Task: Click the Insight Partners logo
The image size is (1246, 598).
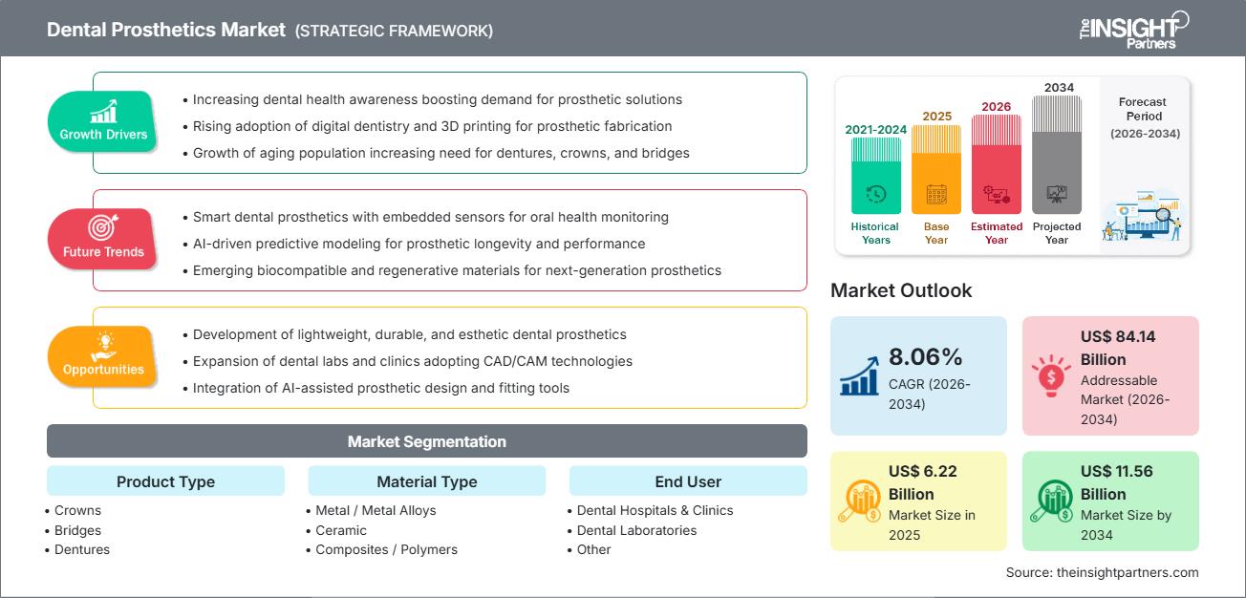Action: (x=1133, y=29)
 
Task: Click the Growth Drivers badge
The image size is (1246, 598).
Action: (x=103, y=121)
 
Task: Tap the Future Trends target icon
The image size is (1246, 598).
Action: (x=102, y=227)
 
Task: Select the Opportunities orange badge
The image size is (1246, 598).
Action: (x=103, y=356)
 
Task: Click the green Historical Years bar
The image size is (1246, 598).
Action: (x=875, y=176)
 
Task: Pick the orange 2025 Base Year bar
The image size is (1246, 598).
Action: (x=936, y=169)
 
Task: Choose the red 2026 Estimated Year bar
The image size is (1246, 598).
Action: (x=997, y=163)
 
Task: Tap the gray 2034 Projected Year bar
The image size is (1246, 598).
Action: (x=1057, y=155)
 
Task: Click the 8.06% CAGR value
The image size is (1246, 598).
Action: (x=926, y=357)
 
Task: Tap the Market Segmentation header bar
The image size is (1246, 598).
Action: (x=426, y=441)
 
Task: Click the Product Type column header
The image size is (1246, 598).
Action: (x=165, y=481)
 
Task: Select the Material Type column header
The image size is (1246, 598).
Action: (x=426, y=481)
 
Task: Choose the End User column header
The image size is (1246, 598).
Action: (x=688, y=481)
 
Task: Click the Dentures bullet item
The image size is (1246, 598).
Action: (x=81, y=549)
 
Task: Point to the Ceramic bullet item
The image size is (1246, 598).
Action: (x=341, y=530)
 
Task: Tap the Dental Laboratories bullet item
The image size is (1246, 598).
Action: (x=636, y=530)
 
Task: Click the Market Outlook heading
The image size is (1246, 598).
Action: (x=901, y=290)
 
